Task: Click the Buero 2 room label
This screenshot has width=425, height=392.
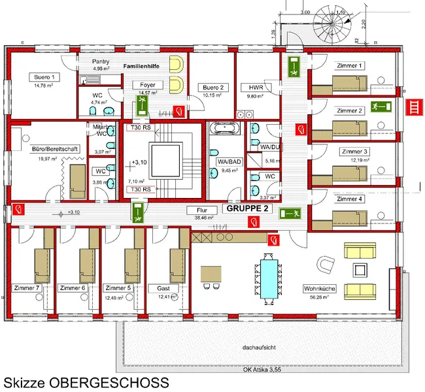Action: (x=212, y=87)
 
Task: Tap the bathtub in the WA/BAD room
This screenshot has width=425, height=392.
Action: (x=224, y=130)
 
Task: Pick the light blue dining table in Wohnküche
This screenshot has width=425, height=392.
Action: (x=268, y=279)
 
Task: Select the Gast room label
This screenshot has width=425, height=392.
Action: (x=163, y=287)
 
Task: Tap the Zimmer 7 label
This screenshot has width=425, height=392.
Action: (x=27, y=287)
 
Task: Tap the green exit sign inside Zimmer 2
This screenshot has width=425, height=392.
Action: (x=379, y=105)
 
